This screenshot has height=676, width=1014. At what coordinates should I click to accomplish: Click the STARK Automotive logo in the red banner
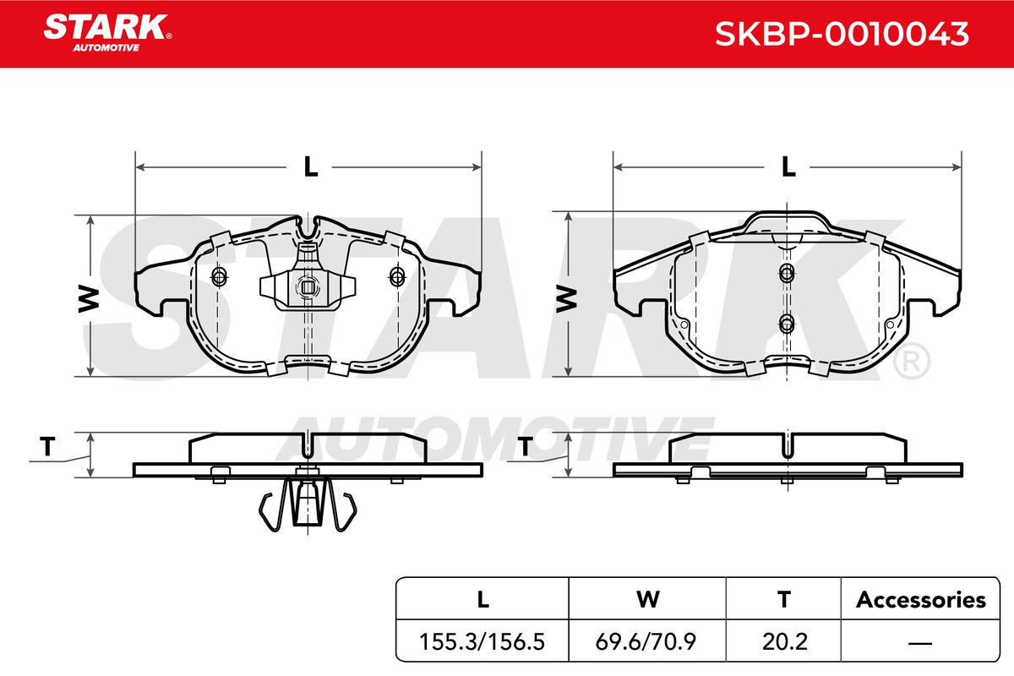(x=107, y=33)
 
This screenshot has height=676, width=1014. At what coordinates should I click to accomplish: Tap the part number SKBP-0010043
(x=842, y=34)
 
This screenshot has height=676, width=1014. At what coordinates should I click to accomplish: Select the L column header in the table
(x=483, y=599)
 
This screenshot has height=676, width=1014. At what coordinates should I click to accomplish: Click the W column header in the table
(x=648, y=599)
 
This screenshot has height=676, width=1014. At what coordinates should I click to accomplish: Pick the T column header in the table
(x=784, y=599)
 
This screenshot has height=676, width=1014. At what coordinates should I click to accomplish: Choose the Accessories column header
(x=921, y=600)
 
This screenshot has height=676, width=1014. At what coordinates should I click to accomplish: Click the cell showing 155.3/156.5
(x=482, y=641)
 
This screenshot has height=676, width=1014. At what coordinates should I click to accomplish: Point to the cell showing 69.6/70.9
(x=646, y=641)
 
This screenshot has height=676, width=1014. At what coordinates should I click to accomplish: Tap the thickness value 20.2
(x=784, y=641)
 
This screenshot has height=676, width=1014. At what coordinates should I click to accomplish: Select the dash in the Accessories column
(x=920, y=642)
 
